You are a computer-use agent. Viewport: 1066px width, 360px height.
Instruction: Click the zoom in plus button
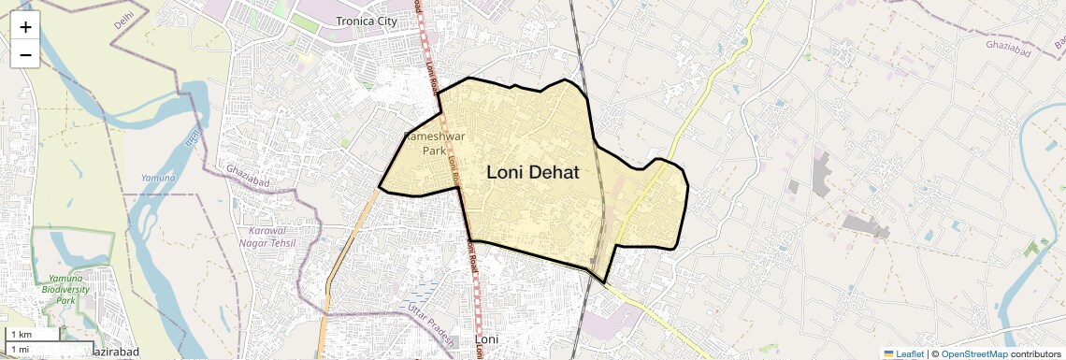(25, 26)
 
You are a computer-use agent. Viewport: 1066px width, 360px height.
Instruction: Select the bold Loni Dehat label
(533, 173)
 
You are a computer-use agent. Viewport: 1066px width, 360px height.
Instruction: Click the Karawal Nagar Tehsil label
(278, 237)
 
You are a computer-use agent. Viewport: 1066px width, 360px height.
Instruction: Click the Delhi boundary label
(123, 20)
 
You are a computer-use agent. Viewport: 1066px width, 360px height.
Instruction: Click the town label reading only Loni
(488, 338)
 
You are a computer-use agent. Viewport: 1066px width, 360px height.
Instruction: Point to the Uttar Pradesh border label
(430, 324)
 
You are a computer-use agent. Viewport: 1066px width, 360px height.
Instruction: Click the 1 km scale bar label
(21, 335)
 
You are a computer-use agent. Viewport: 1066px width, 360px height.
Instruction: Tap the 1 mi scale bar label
(20, 349)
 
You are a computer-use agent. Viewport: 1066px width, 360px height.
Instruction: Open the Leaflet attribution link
(910, 353)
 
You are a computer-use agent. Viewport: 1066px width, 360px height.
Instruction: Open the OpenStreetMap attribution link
(973, 353)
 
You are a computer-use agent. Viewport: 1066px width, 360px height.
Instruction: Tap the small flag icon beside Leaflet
(888, 353)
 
